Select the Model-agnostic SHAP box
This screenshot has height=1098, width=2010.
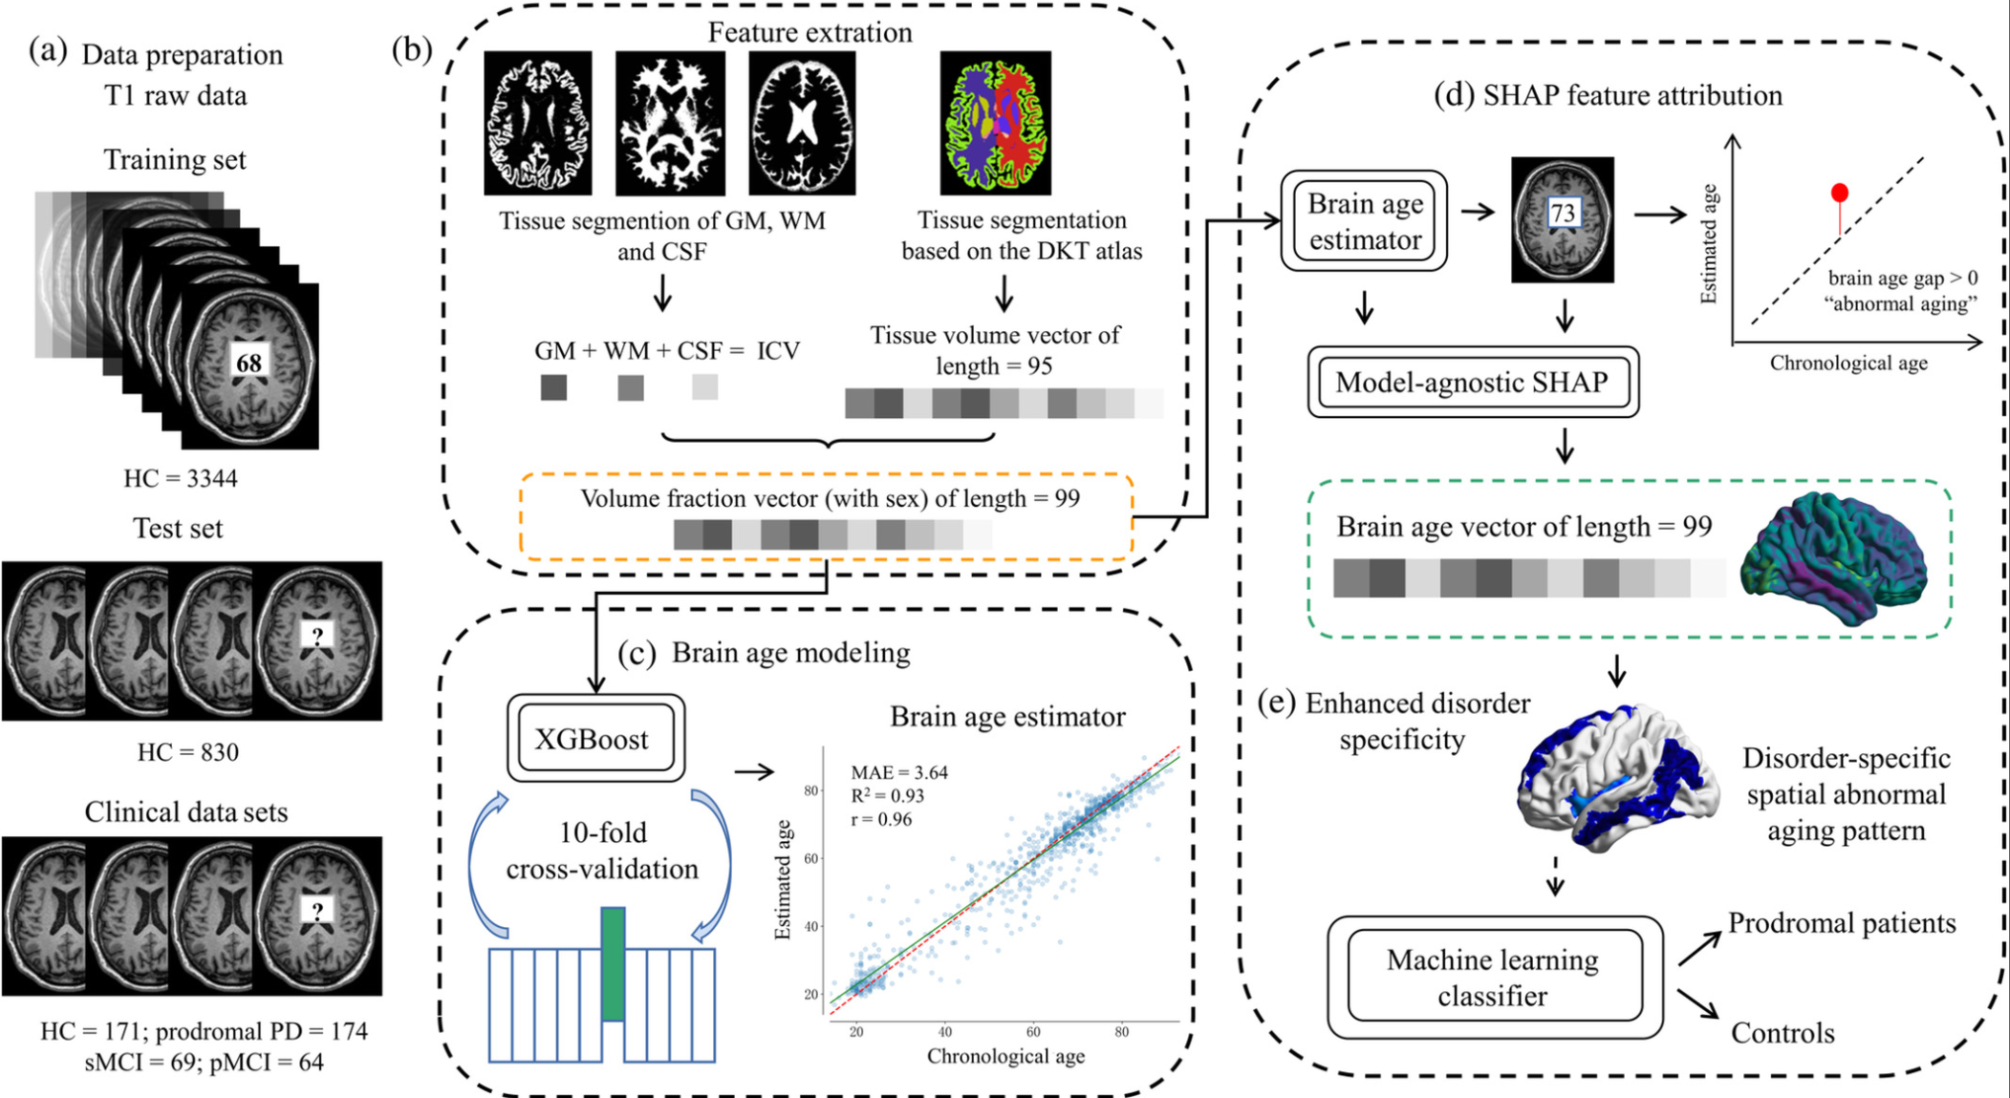pos(1472,382)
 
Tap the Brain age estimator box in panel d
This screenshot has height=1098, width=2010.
pos(1364,221)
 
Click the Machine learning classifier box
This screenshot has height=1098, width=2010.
pos(1493,977)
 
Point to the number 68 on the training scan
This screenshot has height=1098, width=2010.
pos(248,363)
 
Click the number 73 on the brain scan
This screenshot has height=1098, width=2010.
pos(1562,213)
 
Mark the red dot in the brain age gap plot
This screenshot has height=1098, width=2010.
pos(1839,193)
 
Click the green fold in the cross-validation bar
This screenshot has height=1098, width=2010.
pos(612,964)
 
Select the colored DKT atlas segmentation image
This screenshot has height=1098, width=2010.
pos(995,123)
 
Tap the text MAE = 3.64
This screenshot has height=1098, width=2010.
pos(899,772)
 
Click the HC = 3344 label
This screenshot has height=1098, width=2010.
pos(180,478)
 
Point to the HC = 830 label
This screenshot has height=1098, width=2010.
pos(188,752)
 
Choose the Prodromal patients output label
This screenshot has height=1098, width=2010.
pos(1841,923)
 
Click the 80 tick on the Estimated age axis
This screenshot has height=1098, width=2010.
pos(811,791)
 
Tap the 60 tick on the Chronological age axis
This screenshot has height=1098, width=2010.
pos(1033,1031)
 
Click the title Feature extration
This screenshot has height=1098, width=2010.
pos(809,33)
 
